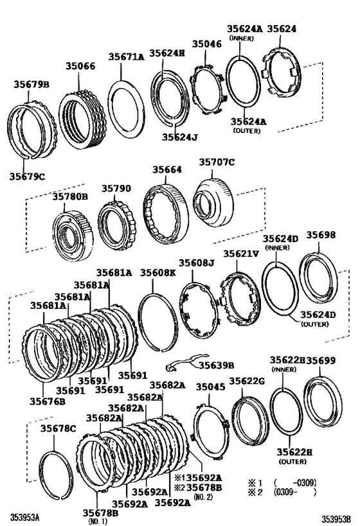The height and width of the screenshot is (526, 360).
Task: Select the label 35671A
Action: tap(126, 57)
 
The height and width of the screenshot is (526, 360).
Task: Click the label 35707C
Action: tap(215, 162)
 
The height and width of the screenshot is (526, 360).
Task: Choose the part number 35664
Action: tap(166, 170)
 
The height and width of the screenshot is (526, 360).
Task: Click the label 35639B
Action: tap(215, 365)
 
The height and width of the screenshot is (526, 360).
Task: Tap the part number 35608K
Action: tap(158, 272)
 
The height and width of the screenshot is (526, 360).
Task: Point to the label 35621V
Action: tap(242, 254)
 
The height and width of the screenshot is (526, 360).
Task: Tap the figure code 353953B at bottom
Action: tap(338, 516)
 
